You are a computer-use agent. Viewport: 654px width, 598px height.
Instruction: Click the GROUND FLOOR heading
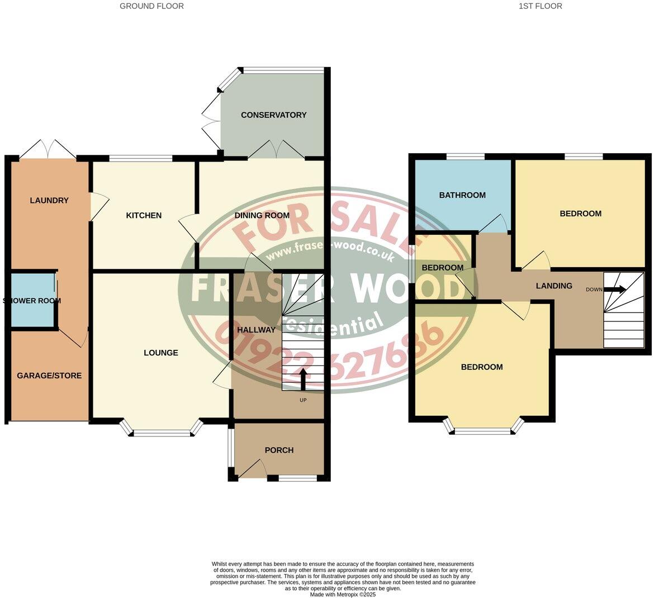[151, 6]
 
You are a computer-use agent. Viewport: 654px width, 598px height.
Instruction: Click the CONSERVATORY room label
[273, 115]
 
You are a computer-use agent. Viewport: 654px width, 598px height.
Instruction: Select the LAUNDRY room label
[49, 201]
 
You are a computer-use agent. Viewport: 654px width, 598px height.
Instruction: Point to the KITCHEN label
[144, 215]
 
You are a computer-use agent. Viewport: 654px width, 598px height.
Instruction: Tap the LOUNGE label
[161, 353]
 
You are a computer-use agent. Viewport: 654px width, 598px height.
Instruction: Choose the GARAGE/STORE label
[49, 376]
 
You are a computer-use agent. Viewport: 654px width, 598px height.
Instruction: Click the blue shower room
[32, 301]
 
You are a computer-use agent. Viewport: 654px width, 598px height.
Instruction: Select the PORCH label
[279, 450]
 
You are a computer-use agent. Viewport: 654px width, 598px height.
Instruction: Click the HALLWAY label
[256, 330]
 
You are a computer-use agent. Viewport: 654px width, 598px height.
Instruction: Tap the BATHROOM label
[462, 195]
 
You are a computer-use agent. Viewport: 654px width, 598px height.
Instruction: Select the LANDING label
[554, 286]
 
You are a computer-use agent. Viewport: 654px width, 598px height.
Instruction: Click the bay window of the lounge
[162, 432]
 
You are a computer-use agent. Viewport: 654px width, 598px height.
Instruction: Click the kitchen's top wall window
[140, 159]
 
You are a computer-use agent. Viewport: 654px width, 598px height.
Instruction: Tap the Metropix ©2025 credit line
[343, 595]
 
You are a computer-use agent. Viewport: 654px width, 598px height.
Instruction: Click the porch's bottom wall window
[297, 478]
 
